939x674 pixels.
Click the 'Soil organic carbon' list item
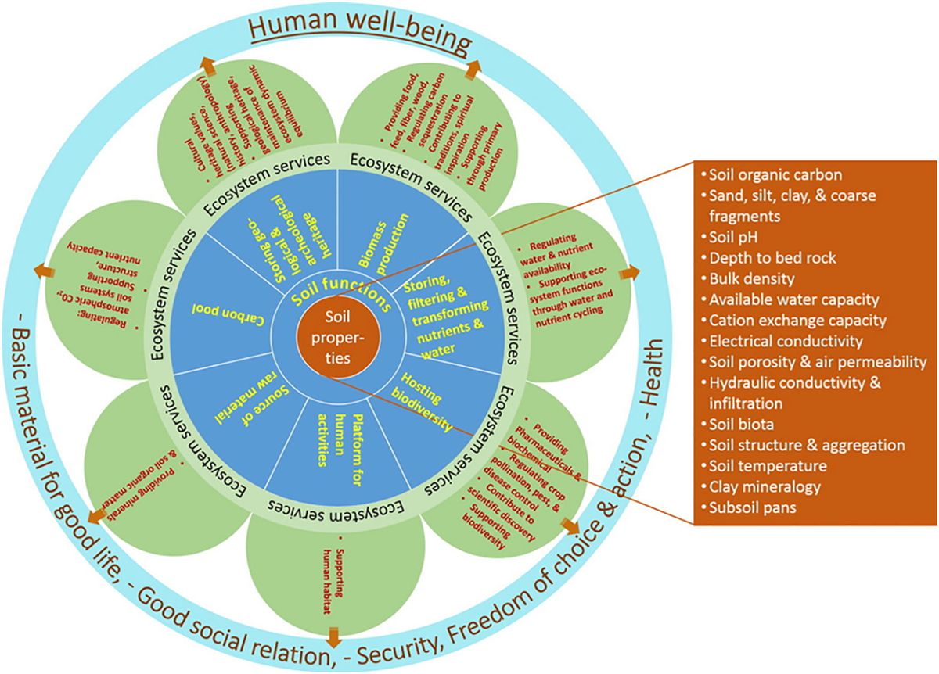pos(764,174)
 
